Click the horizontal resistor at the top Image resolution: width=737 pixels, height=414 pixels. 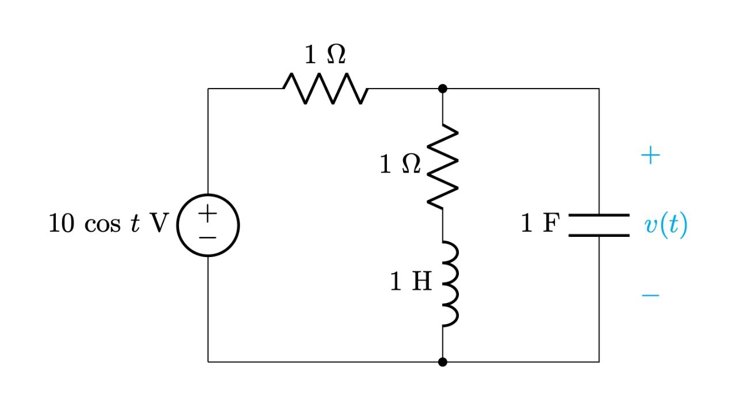pos(325,89)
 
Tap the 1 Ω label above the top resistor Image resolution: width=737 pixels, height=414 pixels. pos(325,55)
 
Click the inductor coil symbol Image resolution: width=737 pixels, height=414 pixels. pos(449,283)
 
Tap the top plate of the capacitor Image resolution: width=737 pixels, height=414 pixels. pos(599,216)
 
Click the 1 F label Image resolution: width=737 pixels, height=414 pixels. pos(539,224)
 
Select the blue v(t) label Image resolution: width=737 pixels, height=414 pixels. pos(666,225)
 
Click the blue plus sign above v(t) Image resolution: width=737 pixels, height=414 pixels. pos(650,156)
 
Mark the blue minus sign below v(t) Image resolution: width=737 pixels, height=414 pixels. pos(650,296)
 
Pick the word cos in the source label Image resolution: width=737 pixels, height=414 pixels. pos(102,225)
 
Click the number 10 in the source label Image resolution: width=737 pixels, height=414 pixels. pos(62,224)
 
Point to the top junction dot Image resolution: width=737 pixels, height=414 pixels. pos(442,89)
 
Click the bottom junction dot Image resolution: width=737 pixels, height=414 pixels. pos(442,362)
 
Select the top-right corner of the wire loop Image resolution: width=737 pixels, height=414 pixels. pos(599,89)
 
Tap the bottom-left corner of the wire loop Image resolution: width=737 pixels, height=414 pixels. pos(208,362)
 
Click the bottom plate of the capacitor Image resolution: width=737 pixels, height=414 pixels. pos(599,235)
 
